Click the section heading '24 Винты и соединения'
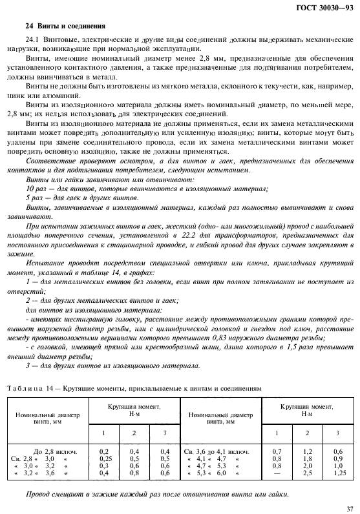pos(57,26)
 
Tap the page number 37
pos(349,508)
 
